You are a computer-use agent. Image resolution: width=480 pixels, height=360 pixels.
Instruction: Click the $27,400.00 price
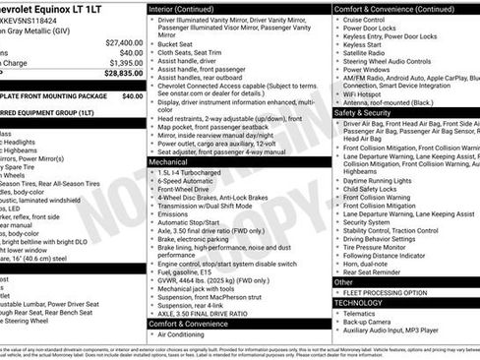click(x=123, y=43)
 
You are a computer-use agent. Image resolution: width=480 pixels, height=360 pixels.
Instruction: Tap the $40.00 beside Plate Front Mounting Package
click(x=132, y=96)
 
